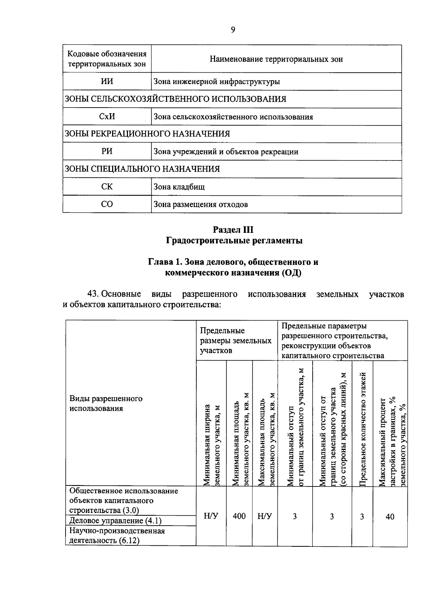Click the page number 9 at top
coord(233,30)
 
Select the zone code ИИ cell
coord(107,81)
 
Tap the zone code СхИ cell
coord(107,116)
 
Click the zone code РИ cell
coord(107,151)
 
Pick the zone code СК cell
coord(107,186)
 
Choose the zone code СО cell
coord(107,204)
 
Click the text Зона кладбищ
coord(179,187)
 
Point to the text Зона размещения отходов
coord(201,204)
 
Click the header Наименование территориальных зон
coord(276,59)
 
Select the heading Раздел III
coord(233,230)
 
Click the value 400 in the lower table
coord(239,516)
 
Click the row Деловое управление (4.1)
coord(111,521)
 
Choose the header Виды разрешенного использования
coord(106,403)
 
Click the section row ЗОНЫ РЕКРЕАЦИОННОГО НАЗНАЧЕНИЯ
coord(147,134)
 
